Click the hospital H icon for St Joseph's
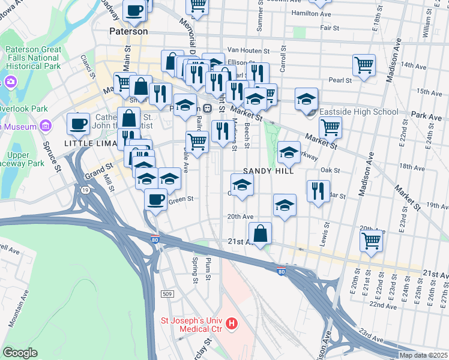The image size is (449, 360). pos(232,325)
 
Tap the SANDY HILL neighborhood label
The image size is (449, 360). pos(268,171)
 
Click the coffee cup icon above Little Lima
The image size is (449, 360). pos(78,124)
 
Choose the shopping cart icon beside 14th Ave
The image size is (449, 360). pos(364,65)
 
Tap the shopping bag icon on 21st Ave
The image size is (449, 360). pos(260,233)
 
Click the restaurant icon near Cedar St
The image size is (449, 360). pos(318,191)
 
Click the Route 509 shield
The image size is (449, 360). pos(167,294)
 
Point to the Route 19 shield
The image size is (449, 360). pos(86,191)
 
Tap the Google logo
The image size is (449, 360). pos(20,352)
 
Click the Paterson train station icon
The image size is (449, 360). pos(207,108)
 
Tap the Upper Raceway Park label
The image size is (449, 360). pos(23,159)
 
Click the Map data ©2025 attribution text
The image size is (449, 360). pos(422,355)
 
